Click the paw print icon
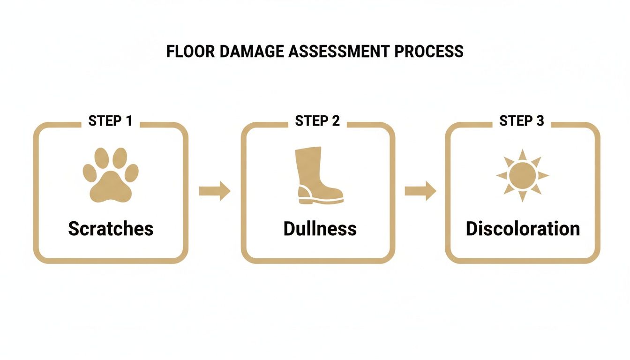click(111, 175)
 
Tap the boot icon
click(318, 175)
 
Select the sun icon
click(522, 175)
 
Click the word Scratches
click(111, 229)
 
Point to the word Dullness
click(320, 229)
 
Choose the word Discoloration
click(523, 229)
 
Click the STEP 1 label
click(110, 121)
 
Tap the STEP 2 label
click(317, 121)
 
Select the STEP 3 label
click(522, 121)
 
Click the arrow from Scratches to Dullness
click(215, 191)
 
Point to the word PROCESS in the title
click(429, 51)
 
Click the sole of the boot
click(321, 202)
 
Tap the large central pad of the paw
click(111, 187)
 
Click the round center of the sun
click(522, 175)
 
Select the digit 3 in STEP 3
click(540, 121)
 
